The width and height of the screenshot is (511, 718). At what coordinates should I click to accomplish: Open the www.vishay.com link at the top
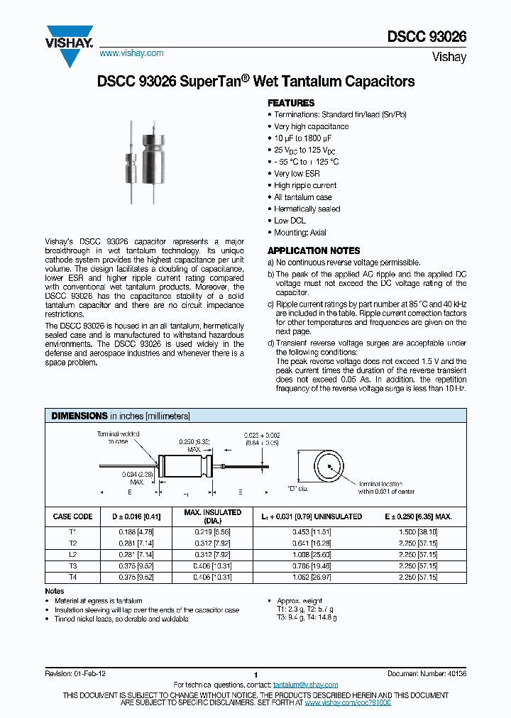[131, 53]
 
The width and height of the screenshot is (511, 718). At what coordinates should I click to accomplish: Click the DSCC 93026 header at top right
[427, 37]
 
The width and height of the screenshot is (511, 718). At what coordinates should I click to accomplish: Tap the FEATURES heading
[290, 103]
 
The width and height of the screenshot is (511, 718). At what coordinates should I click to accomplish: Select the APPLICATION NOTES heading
[313, 251]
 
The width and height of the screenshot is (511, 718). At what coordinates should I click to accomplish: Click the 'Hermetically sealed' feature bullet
[307, 209]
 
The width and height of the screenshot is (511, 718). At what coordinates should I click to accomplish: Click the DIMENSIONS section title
[79, 416]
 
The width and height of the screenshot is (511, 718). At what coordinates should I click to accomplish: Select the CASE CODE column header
[73, 517]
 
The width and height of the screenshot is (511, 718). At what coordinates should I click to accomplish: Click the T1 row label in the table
[73, 531]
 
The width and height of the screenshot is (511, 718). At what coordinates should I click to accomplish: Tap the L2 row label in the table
[73, 554]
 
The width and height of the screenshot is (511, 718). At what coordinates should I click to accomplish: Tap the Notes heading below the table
[55, 591]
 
